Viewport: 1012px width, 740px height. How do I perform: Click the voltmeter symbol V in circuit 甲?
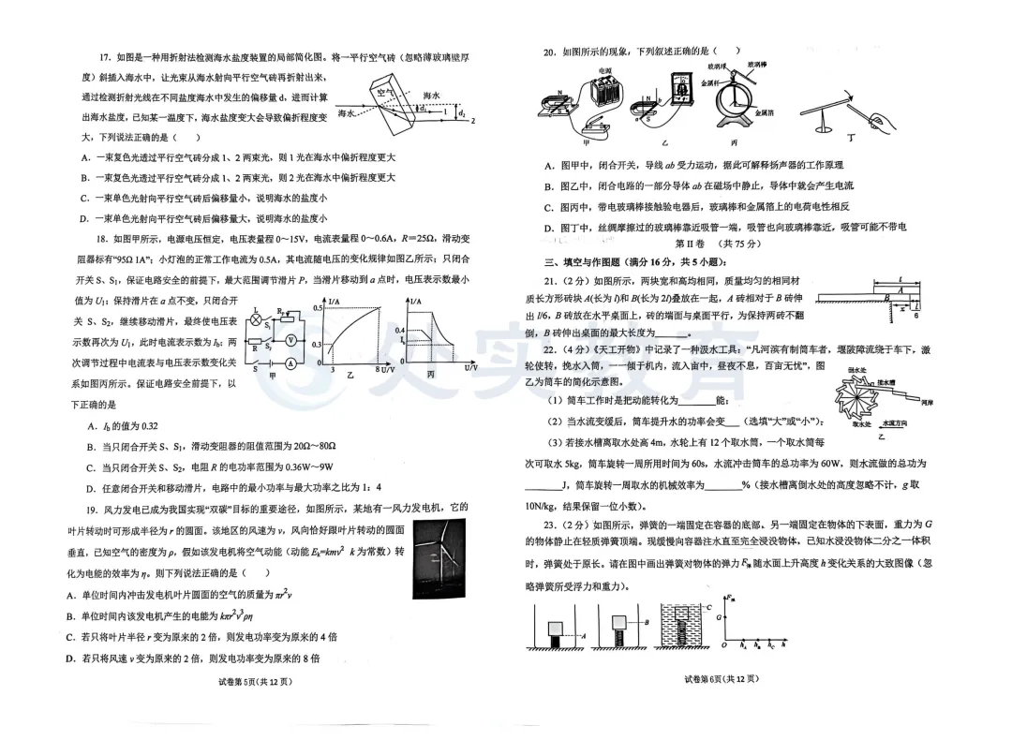click(291, 340)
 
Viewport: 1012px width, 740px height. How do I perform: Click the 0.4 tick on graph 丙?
click(400, 331)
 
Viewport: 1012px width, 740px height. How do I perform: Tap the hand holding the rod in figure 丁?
click(885, 120)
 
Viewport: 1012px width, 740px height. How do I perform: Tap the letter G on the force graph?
click(721, 617)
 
